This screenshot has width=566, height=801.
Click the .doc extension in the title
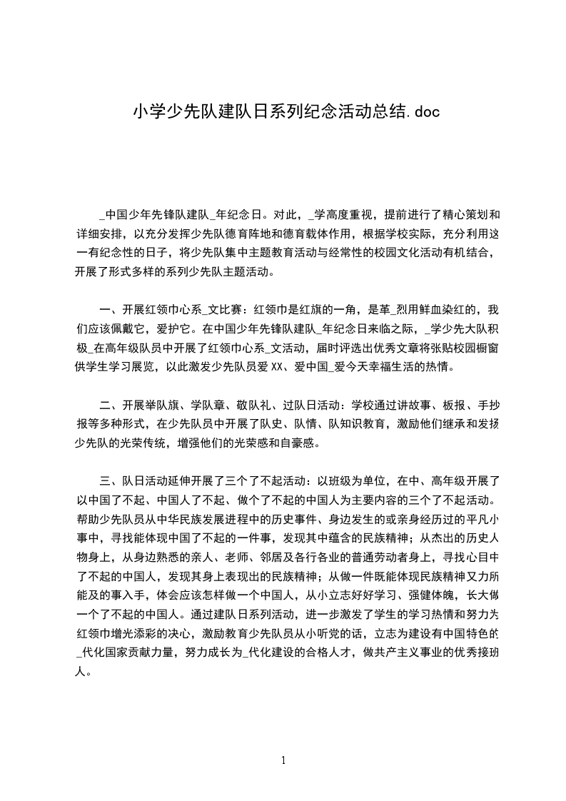point(414,111)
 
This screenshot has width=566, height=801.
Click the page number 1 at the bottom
point(283,760)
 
